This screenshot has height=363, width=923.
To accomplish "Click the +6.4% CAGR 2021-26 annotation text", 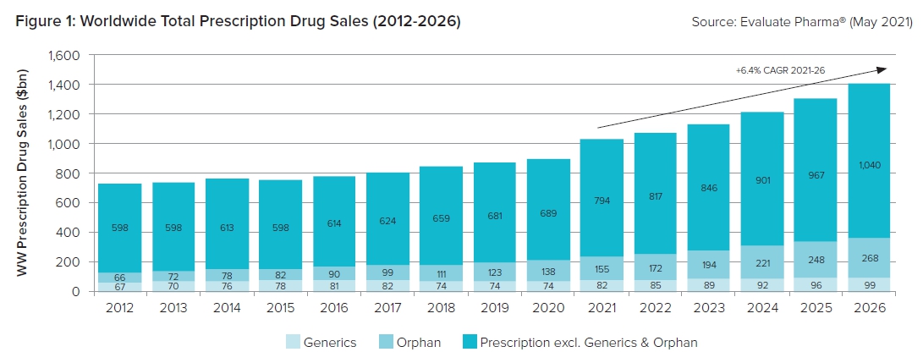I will tap(780, 71).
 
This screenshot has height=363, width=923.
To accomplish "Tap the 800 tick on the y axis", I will tap(70, 173).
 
